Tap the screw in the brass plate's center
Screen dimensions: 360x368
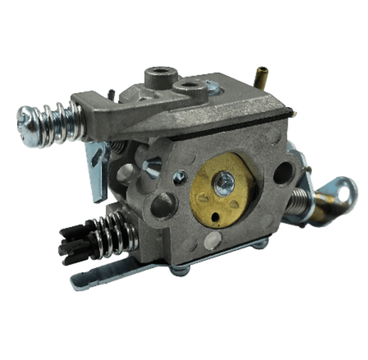(x=224, y=184)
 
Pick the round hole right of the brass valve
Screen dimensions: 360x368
(x=283, y=173)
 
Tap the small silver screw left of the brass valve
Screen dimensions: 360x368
(x=180, y=176)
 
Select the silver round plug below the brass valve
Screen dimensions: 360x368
(x=213, y=241)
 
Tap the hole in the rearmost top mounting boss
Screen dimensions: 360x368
(x=161, y=71)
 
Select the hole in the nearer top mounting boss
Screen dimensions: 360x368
(x=189, y=85)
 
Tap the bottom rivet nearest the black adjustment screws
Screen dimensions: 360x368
(x=179, y=270)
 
